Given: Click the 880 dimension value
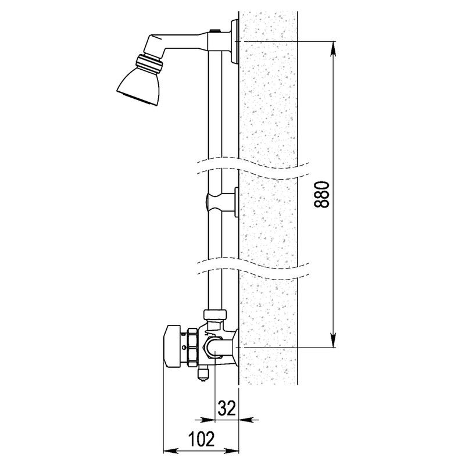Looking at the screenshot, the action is coord(321,195).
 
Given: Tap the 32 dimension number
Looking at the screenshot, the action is coord(227,408).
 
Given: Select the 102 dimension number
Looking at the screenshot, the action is coord(201,439).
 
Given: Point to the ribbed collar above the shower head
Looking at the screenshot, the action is coord(149,64).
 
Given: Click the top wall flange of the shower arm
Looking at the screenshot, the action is coord(235,41).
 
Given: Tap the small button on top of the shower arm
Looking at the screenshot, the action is coord(214,30).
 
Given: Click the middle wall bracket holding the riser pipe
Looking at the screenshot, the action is coord(223,202).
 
